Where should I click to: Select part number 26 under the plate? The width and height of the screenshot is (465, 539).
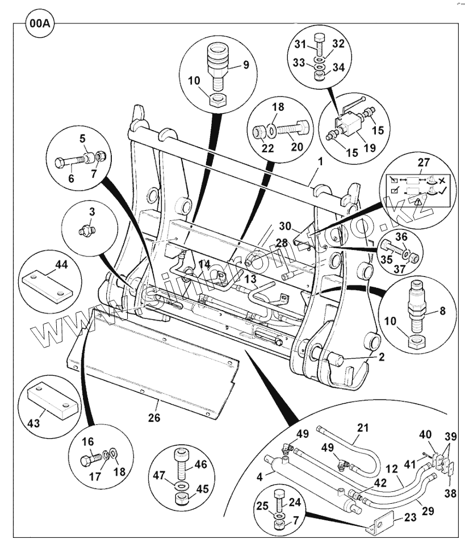tap(154, 418)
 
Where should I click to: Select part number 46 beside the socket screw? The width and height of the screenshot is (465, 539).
tap(200, 464)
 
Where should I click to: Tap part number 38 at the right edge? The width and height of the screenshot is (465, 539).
tap(450, 494)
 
